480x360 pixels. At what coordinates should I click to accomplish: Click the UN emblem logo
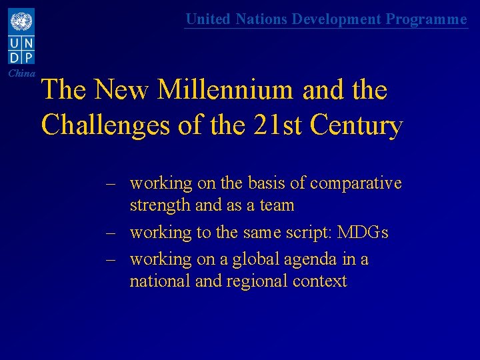point(21,22)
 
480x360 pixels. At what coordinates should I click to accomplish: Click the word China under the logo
point(22,73)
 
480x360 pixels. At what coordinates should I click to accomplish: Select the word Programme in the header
point(427,19)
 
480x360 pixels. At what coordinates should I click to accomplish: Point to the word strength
point(160,205)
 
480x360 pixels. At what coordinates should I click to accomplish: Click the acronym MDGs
point(363,233)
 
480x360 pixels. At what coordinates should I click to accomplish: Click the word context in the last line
point(319,281)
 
